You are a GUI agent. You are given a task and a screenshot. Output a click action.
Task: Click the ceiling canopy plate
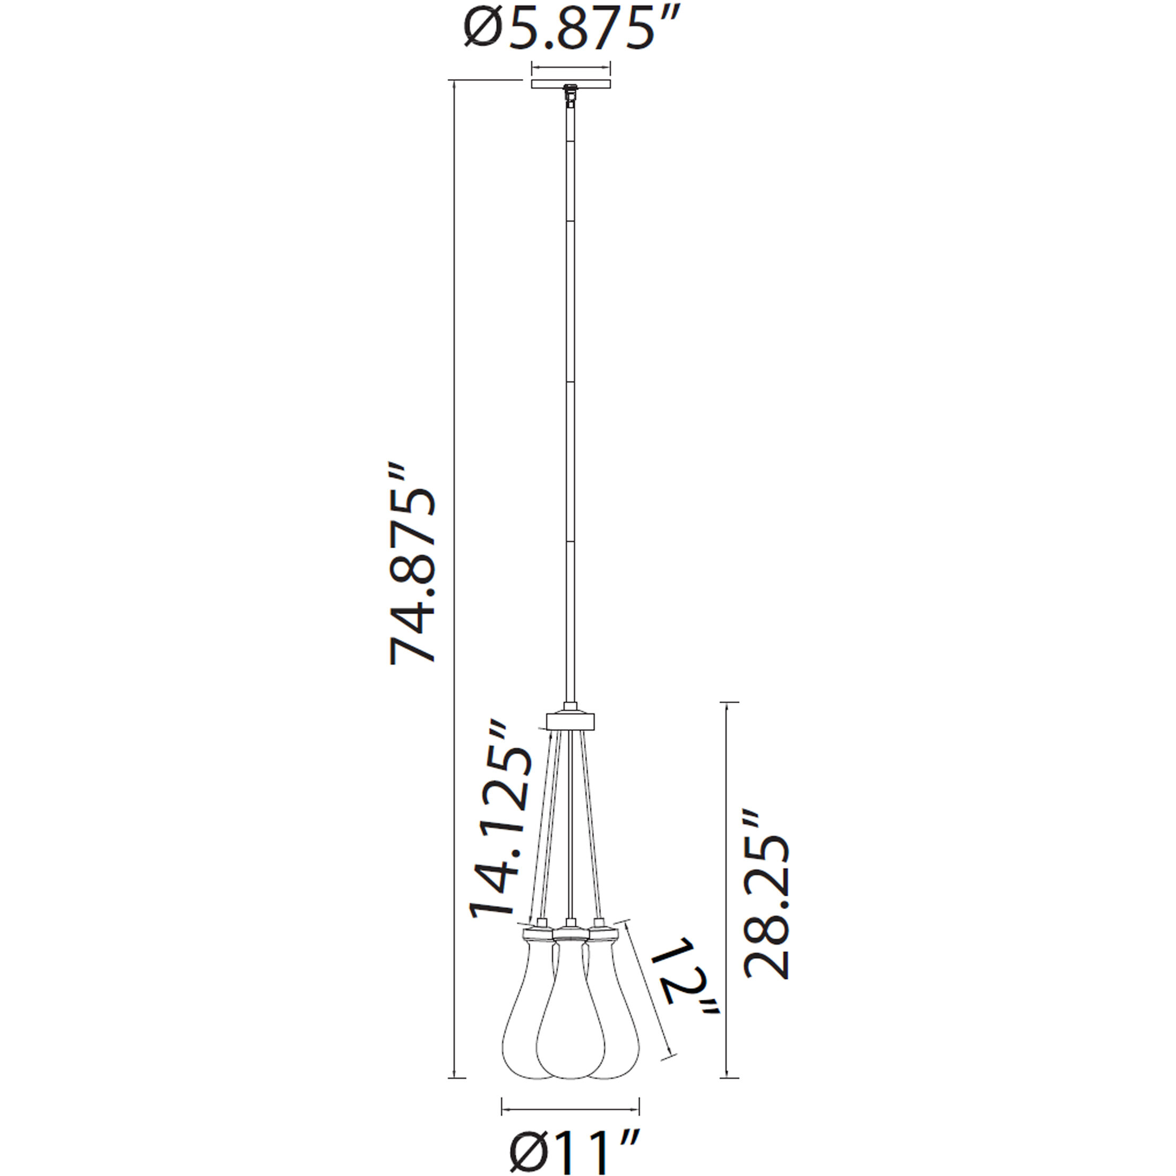tap(570, 84)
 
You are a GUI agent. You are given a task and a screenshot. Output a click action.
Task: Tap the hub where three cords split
tap(570, 722)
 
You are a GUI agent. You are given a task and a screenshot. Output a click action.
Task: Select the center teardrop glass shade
tap(570, 1023)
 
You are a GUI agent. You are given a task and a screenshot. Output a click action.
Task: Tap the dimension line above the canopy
tap(570, 67)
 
